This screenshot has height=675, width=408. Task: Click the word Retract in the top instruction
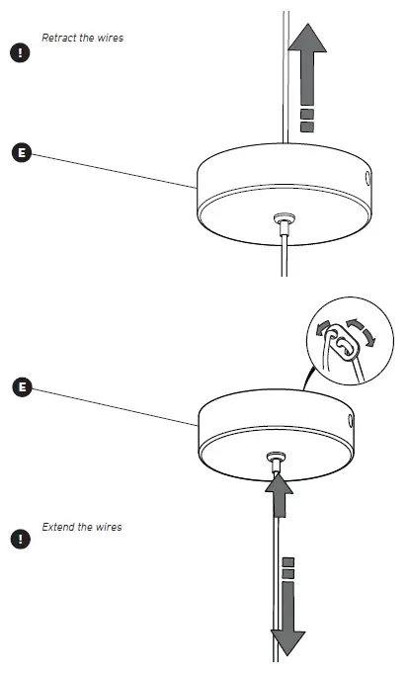pos(57,38)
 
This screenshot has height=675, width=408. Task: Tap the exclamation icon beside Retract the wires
pos(19,52)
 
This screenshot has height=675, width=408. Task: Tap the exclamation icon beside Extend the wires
pos(19,540)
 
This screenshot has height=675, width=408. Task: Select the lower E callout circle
pos(23,385)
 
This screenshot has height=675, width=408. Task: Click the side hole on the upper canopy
pos(367,179)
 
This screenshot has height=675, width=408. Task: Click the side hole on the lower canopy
pos(349,421)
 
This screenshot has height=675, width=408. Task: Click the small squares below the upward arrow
pos(307,121)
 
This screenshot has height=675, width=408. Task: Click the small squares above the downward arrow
pos(287,568)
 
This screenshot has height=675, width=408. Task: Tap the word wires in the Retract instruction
pos(110,38)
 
